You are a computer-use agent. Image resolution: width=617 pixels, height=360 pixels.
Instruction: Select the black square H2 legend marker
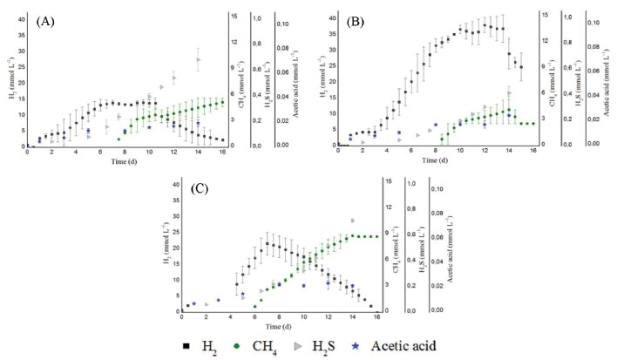[189, 345]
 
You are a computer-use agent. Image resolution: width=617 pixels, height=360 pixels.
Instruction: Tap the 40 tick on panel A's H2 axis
[21, 19]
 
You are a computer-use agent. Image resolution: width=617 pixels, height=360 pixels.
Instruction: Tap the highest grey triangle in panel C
[353, 221]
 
